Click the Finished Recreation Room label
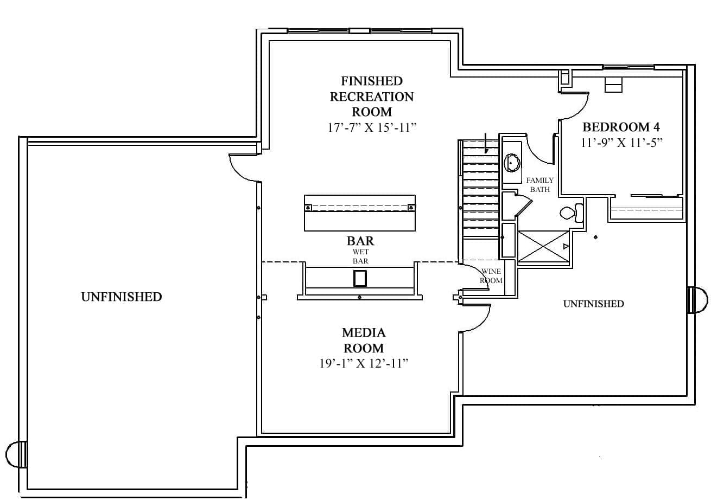(x=372, y=97)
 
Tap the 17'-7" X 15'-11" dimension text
(x=372, y=128)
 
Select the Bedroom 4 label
(x=621, y=127)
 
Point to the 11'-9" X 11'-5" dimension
(x=621, y=143)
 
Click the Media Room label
(x=363, y=340)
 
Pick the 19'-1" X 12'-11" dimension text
(x=363, y=363)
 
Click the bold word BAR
(x=360, y=240)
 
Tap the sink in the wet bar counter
(x=360, y=278)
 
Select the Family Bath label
(x=539, y=185)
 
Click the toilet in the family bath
(x=569, y=213)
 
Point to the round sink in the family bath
(x=512, y=163)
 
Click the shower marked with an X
(x=543, y=247)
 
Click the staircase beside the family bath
(x=480, y=190)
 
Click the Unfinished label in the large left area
(x=121, y=297)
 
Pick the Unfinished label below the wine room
(x=593, y=304)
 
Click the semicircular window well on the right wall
(x=698, y=300)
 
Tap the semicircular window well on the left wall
(x=16, y=454)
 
